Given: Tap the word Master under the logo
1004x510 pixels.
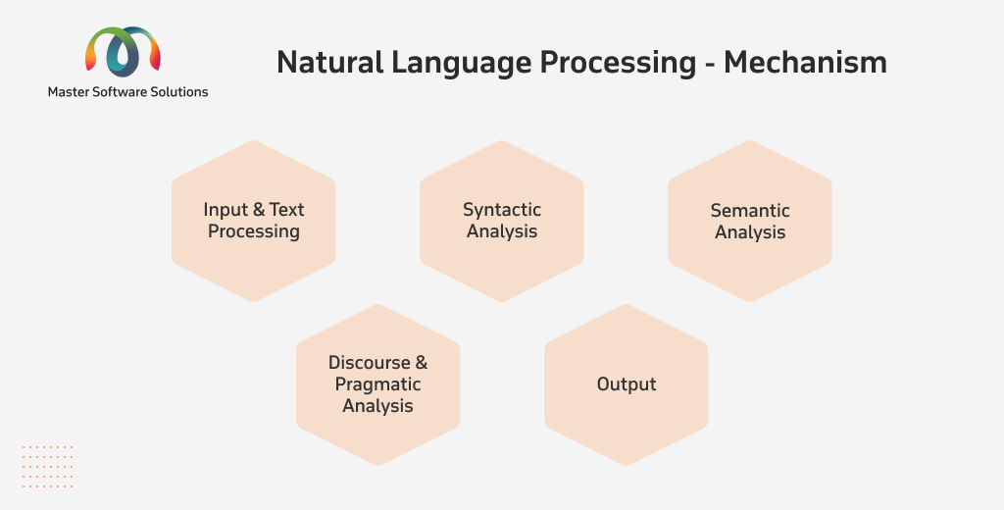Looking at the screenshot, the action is [68, 91].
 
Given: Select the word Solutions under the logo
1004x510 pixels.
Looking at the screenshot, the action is [180, 91].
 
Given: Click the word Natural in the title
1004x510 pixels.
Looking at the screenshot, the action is [329, 63].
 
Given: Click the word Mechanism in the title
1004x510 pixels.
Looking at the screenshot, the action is [806, 63].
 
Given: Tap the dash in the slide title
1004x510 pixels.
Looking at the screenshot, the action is [710, 65].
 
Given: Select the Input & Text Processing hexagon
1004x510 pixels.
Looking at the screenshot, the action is [254, 221].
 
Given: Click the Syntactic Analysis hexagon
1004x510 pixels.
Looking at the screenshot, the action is [501, 221].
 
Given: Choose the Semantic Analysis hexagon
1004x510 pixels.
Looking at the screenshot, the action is [750, 221].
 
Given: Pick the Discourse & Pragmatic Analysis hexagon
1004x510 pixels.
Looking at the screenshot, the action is [377, 384].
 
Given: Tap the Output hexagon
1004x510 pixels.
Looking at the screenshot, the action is [627, 384].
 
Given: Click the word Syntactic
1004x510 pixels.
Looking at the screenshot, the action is [502, 210].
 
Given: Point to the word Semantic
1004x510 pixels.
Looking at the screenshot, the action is [750, 210].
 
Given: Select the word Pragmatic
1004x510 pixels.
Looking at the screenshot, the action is [377, 384].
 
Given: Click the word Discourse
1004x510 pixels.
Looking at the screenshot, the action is [370, 363].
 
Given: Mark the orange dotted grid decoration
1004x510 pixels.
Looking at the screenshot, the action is [47, 467].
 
